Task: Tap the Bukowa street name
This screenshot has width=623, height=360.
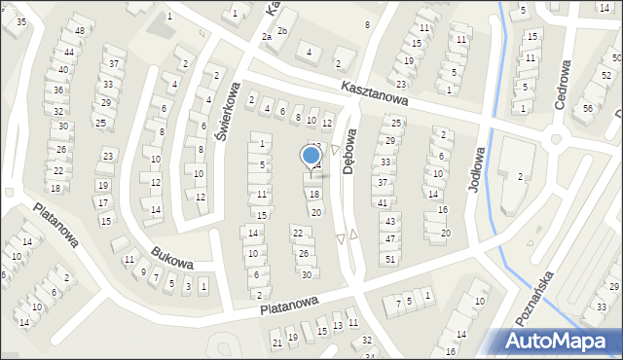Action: [x=171, y=258]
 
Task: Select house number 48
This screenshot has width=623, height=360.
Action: [x=79, y=31]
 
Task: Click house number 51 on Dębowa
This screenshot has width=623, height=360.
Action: [x=389, y=259]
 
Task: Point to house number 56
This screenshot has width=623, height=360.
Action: [x=588, y=107]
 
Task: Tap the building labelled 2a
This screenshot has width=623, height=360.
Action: [x=266, y=36]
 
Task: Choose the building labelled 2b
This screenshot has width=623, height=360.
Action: [x=282, y=31]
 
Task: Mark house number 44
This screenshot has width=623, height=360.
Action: [x=68, y=52]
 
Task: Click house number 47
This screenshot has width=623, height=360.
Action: [x=390, y=238]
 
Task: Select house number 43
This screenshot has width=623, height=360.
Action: [x=389, y=223]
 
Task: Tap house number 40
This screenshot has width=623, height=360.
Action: [x=62, y=70]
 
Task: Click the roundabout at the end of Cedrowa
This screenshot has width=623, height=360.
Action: [x=559, y=139]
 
